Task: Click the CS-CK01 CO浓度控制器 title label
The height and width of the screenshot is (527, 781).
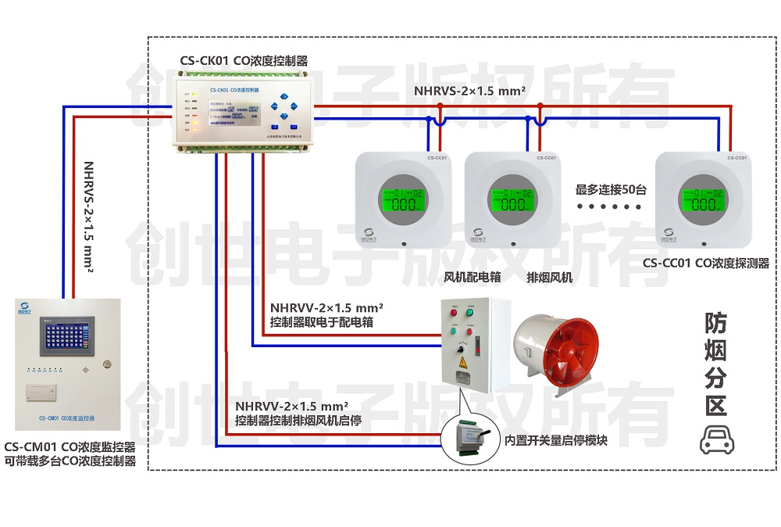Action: [243, 60]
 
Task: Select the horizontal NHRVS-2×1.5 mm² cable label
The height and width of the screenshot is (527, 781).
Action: [469, 91]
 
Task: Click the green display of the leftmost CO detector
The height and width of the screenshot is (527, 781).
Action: [403, 200]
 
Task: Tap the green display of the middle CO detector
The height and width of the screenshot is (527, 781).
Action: [512, 200]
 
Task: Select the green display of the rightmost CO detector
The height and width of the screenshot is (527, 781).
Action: [703, 200]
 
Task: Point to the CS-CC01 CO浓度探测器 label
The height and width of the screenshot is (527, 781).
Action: [706, 263]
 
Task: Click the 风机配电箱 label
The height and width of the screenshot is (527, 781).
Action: [472, 278]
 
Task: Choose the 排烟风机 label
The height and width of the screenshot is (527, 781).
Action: [549, 278]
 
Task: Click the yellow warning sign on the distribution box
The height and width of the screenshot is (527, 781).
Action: [463, 361]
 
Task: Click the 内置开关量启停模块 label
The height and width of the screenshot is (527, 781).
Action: [556, 440]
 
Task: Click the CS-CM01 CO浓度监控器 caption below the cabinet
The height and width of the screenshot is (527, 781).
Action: [70, 447]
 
